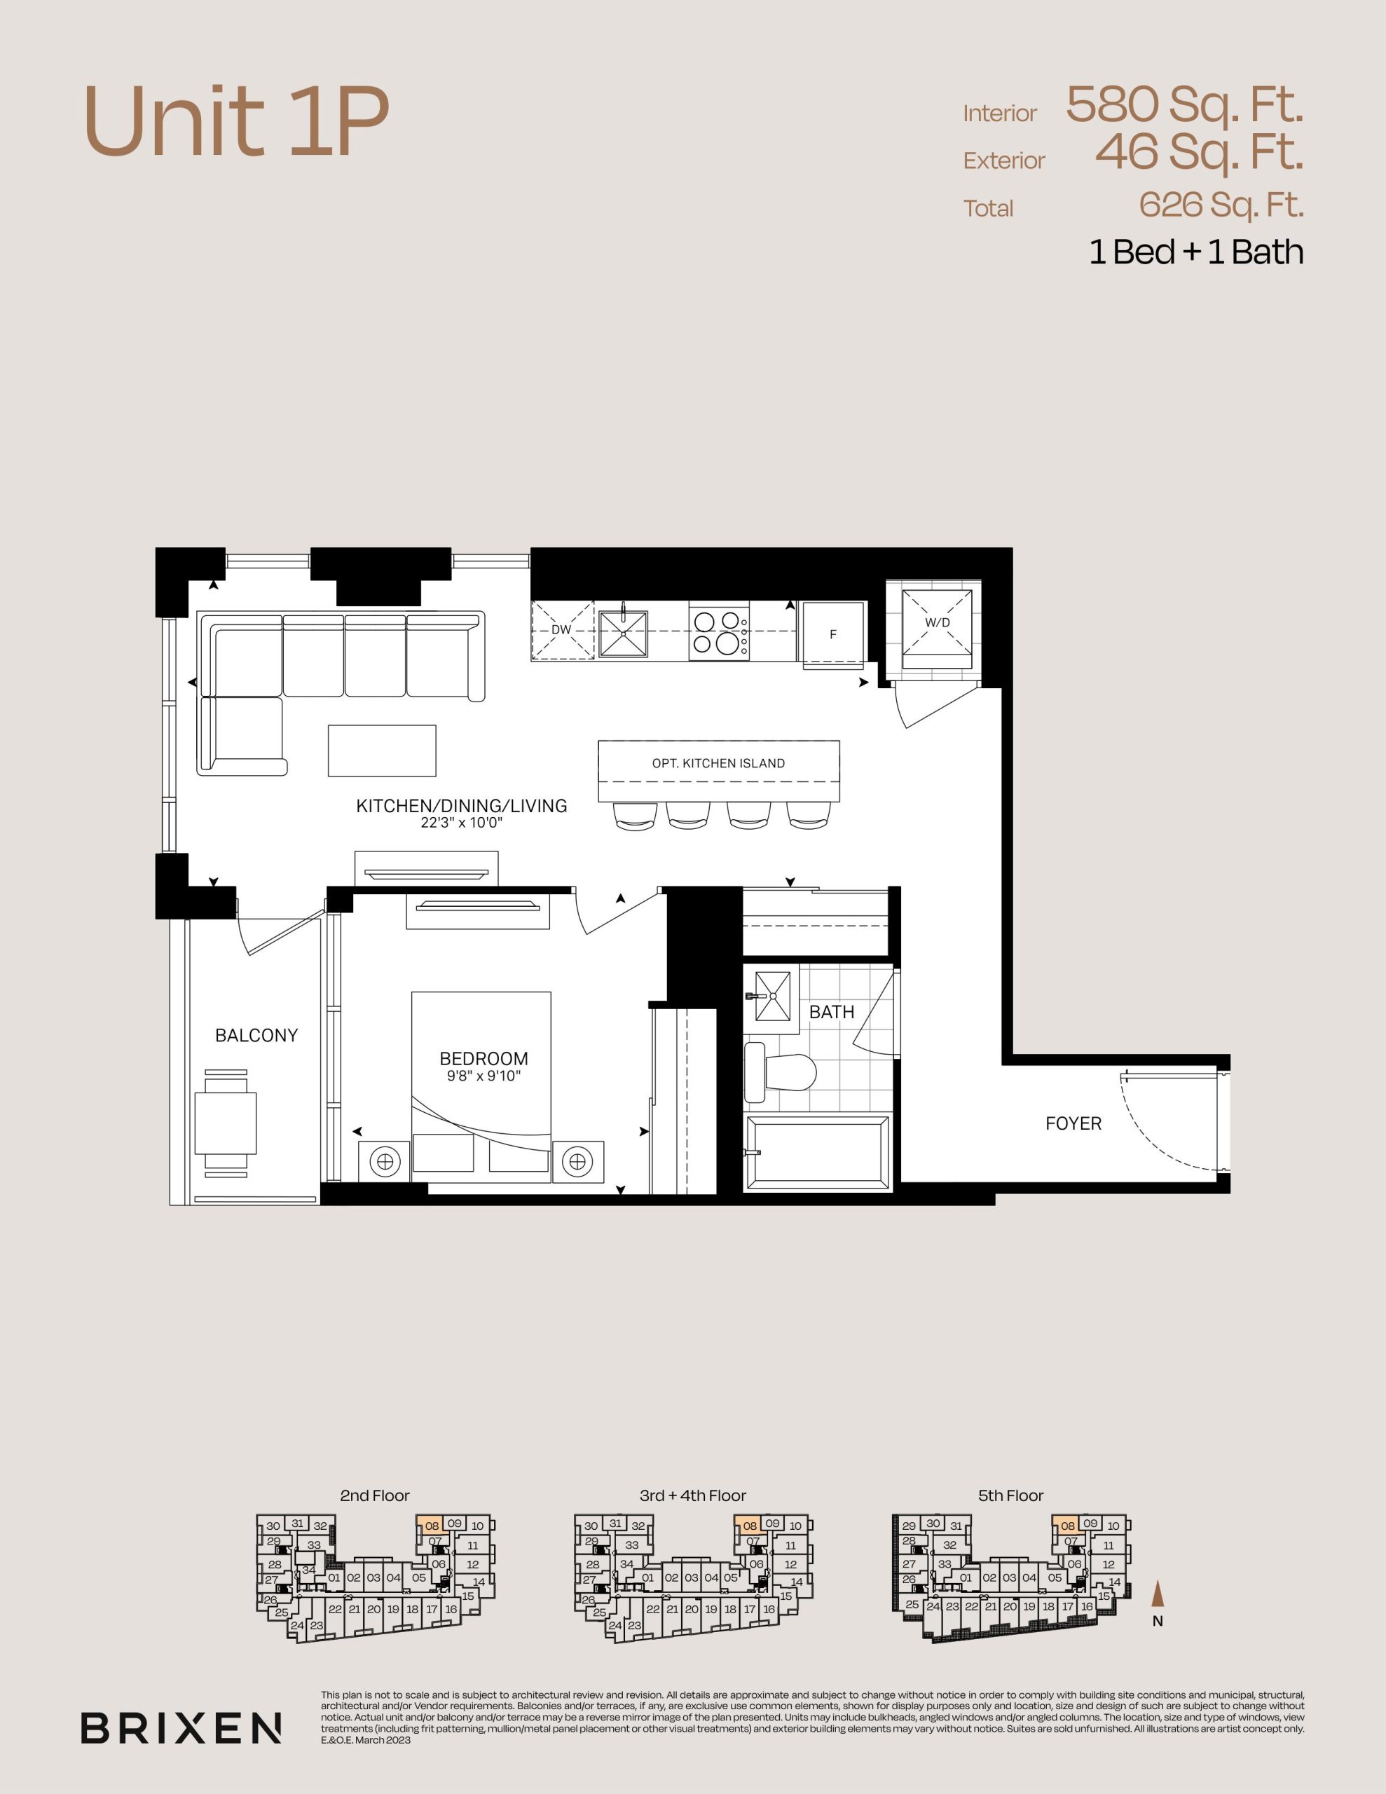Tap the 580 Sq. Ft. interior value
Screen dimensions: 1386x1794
1184,105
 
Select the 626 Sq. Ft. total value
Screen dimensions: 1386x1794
1221,205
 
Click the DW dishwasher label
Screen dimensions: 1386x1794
561,630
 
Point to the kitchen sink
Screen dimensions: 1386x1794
623,634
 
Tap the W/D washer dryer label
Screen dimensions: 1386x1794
938,622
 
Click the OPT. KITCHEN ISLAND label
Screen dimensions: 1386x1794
718,763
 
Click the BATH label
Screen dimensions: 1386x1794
832,1012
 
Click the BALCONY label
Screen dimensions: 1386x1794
256,1035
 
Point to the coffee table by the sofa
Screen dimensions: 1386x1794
382,750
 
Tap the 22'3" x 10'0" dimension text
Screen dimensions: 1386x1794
461,822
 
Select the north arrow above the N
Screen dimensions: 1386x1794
1158,1594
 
